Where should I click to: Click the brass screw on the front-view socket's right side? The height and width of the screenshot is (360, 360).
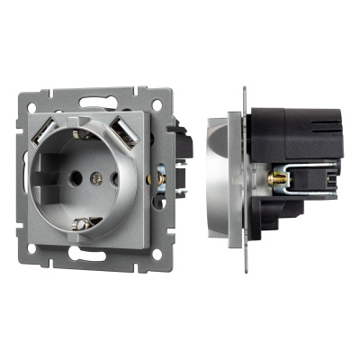pyautogui.click(x=159, y=180)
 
